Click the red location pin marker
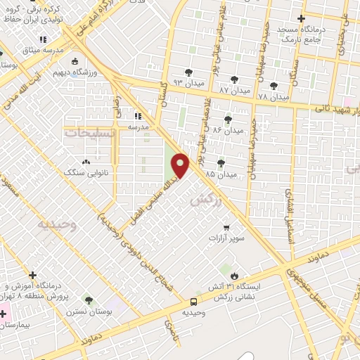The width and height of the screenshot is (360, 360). (x=181, y=165)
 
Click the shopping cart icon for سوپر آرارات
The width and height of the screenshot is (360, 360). (x=226, y=227)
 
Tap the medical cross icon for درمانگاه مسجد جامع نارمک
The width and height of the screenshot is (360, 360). (x=302, y=18)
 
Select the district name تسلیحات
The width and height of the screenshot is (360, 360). (x=85, y=131)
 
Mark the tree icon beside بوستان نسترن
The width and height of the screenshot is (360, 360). (x=88, y=300)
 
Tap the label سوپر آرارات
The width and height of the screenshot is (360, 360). (x=226, y=238)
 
